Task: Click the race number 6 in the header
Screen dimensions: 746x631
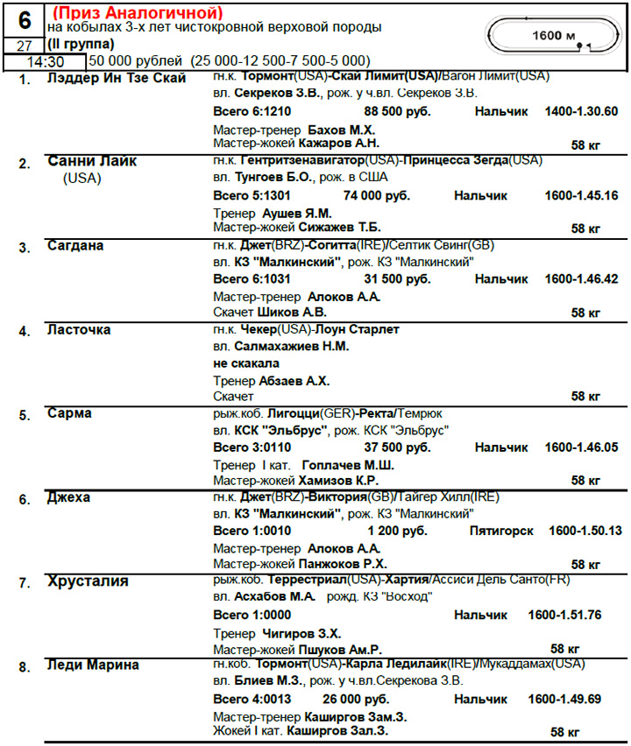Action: click(25, 19)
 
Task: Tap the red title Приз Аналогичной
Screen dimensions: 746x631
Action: click(138, 13)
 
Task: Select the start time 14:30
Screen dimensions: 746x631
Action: click(44, 61)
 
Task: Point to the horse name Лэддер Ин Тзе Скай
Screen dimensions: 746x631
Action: click(117, 80)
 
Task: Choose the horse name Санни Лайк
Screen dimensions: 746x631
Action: click(92, 162)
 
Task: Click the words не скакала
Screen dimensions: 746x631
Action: click(246, 362)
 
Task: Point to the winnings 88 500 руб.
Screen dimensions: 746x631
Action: click(401, 111)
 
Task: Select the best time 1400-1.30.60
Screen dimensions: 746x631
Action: click(581, 111)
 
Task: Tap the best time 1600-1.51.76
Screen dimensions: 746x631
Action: click(564, 615)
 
